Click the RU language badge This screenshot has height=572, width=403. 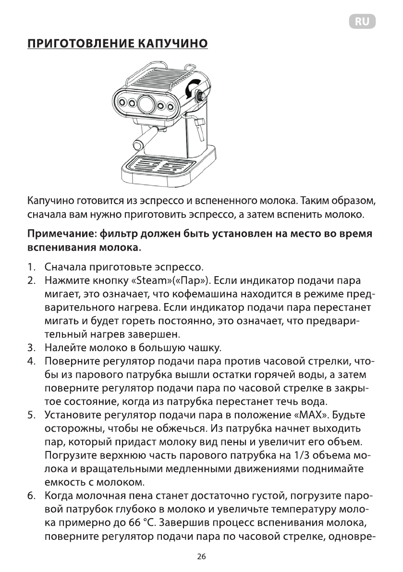coord(362,22)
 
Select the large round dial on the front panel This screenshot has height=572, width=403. coord(146,103)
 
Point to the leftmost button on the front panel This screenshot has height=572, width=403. coord(122,102)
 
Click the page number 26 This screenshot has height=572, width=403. coord(201,557)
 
